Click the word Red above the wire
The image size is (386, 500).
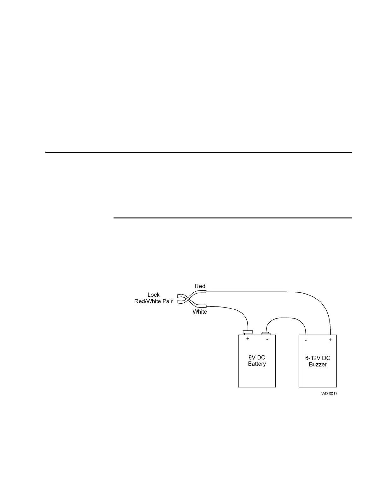(x=200, y=286)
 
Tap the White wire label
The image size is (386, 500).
(x=200, y=312)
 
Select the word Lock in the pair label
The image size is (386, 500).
(x=154, y=295)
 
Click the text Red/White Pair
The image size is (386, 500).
(x=154, y=301)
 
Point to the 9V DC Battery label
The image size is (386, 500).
(x=257, y=361)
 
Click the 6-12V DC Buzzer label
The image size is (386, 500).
(x=318, y=361)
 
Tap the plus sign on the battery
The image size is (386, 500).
(x=248, y=339)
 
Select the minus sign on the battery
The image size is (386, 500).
(x=267, y=340)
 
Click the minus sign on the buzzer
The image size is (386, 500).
(x=306, y=340)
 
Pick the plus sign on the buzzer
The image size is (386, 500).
(x=330, y=340)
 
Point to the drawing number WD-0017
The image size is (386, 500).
(x=329, y=394)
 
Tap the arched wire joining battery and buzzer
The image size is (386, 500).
(x=285, y=318)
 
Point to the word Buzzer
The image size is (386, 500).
(x=318, y=365)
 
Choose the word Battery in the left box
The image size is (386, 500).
(x=257, y=364)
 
